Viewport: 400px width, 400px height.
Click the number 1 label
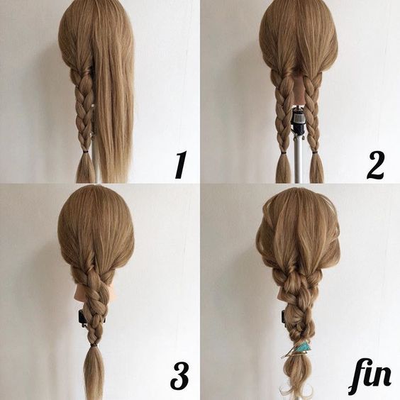tap(181, 165)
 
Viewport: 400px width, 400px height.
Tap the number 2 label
tap(375, 165)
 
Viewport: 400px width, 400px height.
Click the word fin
tap(370, 376)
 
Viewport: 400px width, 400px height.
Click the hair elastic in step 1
tap(85, 152)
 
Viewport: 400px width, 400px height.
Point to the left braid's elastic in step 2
tap(283, 153)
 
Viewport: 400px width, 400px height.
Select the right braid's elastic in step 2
tap(316, 152)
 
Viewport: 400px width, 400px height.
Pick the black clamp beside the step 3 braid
tap(82, 319)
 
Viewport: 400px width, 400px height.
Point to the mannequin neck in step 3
tap(79, 292)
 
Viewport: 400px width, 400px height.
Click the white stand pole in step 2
tap(297, 158)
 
